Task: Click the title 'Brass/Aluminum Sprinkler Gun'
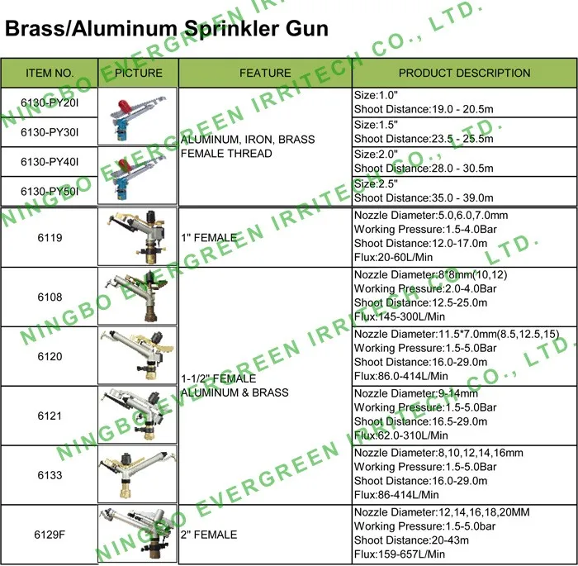coord(167,31)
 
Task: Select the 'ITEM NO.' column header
coord(50,73)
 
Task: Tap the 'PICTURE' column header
coord(138,73)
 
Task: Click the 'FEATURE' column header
coord(265,73)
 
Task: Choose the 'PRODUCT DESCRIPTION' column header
coord(464,73)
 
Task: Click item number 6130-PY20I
coord(50,102)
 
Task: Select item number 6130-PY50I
coord(50,191)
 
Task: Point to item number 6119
coord(50,237)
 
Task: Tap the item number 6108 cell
coord(50,296)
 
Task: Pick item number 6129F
coord(50,535)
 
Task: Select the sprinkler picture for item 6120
coord(138,355)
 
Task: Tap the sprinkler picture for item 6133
coord(138,475)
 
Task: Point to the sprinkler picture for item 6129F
coord(138,533)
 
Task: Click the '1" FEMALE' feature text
coord(209,238)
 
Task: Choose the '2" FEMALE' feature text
coord(209,535)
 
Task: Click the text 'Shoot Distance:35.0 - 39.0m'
coord(424,197)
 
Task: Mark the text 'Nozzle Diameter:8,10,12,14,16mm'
coord(438,453)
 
